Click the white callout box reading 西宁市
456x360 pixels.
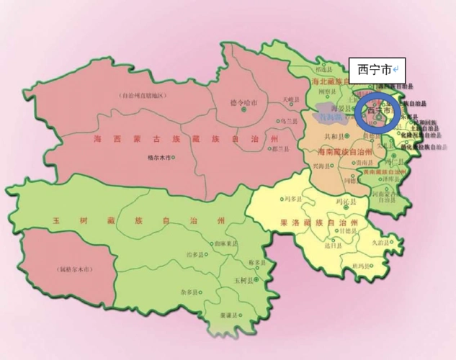tap(375, 70)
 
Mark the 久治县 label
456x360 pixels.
tap(380, 243)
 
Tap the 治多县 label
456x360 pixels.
tap(194, 254)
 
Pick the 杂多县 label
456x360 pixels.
tap(189, 294)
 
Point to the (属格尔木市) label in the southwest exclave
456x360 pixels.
tap(70, 270)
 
